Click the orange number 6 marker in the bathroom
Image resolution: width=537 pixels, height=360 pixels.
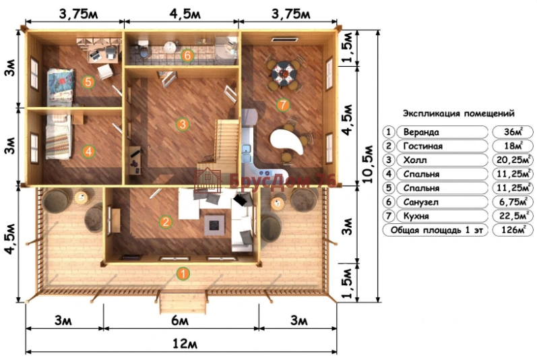(x=187, y=55)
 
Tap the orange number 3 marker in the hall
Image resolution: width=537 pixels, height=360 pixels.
(x=183, y=124)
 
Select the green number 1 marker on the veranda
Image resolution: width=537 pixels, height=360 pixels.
(x=183, y=274)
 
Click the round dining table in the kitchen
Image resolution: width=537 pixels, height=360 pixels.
(x=283, y=73)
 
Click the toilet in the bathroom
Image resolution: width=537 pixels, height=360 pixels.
(x=144, y=49)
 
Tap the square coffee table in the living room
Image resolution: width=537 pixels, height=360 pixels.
(x=215, y=224)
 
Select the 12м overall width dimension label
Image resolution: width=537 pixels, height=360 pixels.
(x=185, y=343)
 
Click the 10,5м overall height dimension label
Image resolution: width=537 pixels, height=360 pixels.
(x=367, y=164)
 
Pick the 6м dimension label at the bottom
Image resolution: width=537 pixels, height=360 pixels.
(x=180, y=321)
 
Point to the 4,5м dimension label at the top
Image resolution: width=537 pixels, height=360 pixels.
(x=185, y=14)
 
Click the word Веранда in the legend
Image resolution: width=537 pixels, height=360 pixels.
(x=421, y=132)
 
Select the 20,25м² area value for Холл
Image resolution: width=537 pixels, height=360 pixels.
(x=513, y=160)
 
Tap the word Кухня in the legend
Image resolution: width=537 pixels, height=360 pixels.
(x=416, y=216)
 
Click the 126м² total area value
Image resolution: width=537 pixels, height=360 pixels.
(x=513, y=230)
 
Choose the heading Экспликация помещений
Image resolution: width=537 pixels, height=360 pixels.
(x=459, y=113)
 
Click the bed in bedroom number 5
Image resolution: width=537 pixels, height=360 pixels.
(x=60, y=87)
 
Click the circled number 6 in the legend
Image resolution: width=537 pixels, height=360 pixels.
(x=388, y=202)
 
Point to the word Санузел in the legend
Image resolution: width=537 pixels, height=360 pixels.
(x=420, y=202)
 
